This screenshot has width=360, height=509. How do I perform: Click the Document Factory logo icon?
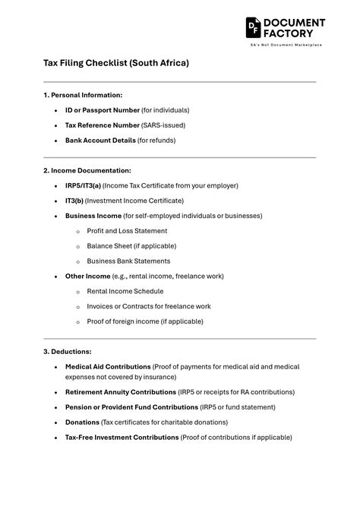tap(254, 27)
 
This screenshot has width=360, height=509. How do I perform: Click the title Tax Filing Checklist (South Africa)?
tap(115, 63)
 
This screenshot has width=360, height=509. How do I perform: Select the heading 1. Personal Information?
tap(83, 95)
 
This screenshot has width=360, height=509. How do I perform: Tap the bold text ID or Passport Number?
tap(103, 110)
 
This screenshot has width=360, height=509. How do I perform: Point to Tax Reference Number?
tap(103, 125)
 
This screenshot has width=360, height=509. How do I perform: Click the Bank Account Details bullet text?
tap(100, 141)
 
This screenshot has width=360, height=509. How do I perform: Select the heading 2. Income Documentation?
tap(87, 171)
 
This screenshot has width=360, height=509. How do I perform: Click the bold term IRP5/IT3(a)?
tap(83, 185)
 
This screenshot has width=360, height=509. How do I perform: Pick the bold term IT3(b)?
tap(74, 201)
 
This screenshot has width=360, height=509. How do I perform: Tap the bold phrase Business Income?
tap(93, 216)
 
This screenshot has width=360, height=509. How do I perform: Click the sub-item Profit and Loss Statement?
tap(127, 231)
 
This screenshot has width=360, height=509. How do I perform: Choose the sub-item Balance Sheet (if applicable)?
tap(131, 246)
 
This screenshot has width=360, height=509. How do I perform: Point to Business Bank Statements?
tap(128, 261)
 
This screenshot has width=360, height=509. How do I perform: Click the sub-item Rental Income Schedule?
tap(125, 292)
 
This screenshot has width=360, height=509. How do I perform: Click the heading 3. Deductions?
tap(68, 352)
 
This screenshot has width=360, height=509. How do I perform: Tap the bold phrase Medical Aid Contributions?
tap(108, 367)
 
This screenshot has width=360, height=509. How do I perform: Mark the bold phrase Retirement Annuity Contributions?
tap(120, 392)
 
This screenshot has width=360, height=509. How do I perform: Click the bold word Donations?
tap(82, 422)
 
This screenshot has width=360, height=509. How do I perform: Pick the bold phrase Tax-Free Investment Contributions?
tap(122, 438)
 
